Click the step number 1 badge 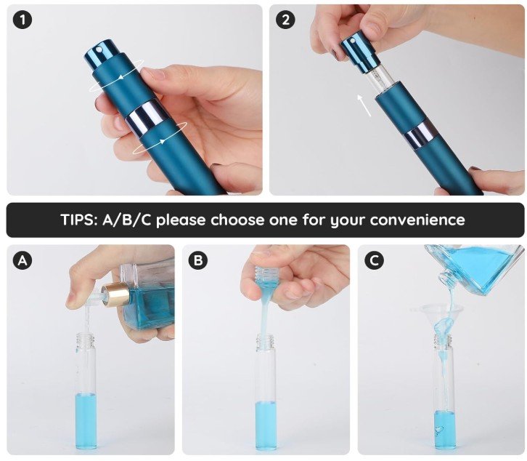[x=23, y=20]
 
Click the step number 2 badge [x=285, y=20]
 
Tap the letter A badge [x=23, y=260]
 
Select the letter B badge [x=198, y=260]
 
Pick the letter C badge [x=374, y=260]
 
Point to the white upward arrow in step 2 [x=364, y=105]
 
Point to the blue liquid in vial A [x=86, y=421]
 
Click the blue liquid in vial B [x=266, y=425]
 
